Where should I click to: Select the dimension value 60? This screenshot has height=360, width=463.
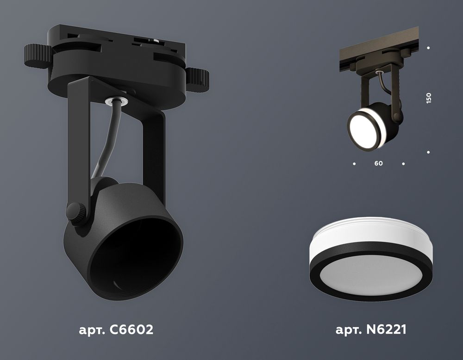coord(379,164)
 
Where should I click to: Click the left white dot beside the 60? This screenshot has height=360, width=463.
coord(354,164)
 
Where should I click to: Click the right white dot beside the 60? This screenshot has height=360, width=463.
coord(404,164)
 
